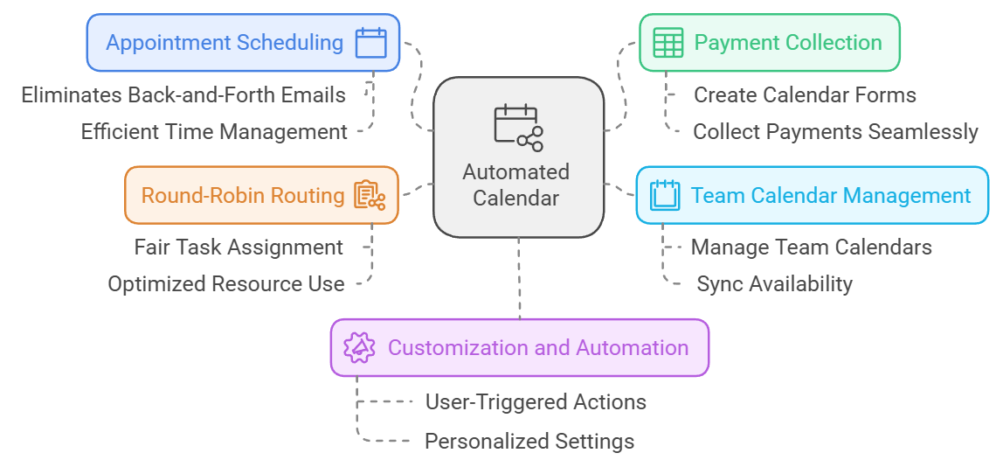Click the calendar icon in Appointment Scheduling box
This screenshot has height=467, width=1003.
point(370,42)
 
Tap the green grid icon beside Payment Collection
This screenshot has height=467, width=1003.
point(668,42)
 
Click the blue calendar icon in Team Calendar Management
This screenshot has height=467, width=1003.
point(665,194)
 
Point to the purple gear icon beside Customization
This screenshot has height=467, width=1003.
point(359,347)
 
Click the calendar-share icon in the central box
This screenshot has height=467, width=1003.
point(518,128)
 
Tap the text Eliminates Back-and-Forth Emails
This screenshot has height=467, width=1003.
point(183,94)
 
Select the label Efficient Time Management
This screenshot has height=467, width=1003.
point(214,132)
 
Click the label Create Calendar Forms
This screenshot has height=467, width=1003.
point(805,94)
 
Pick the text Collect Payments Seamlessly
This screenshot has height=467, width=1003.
point(835,132)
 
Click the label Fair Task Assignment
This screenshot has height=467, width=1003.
point(239,247)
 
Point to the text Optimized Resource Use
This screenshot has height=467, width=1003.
point(226,284)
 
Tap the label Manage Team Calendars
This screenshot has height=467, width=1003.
point(811,247)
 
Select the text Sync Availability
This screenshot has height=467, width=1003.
point(774,284)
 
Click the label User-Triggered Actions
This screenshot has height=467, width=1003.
point(536,402)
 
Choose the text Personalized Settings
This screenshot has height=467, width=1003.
point(529,441)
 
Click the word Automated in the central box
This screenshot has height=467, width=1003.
point(516,171)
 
